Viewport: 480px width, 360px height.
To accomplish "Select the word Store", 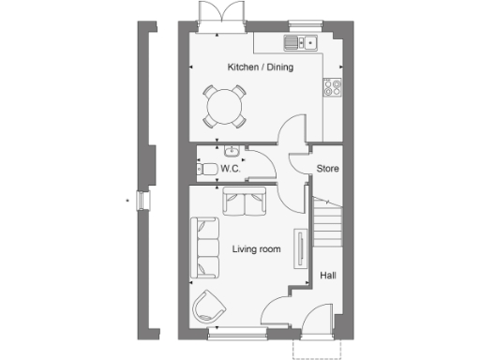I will [327, 169].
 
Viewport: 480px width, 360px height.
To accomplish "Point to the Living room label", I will [257, 248].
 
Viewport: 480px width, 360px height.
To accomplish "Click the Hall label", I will [328, 276].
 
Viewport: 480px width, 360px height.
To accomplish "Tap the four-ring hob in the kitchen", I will [333, 88].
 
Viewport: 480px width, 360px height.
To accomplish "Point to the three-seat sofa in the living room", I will [203, 248].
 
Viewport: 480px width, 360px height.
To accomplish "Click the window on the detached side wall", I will [142, 201].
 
